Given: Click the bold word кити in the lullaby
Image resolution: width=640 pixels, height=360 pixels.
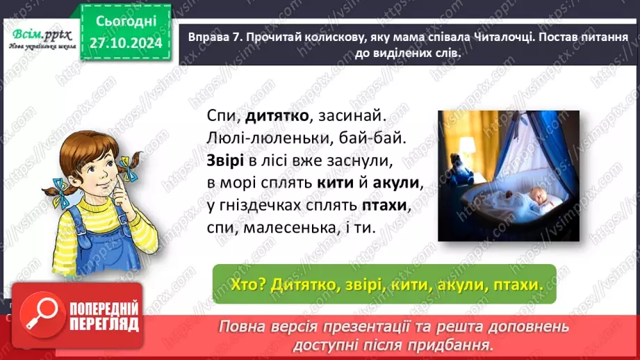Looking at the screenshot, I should tap(337, 183).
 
